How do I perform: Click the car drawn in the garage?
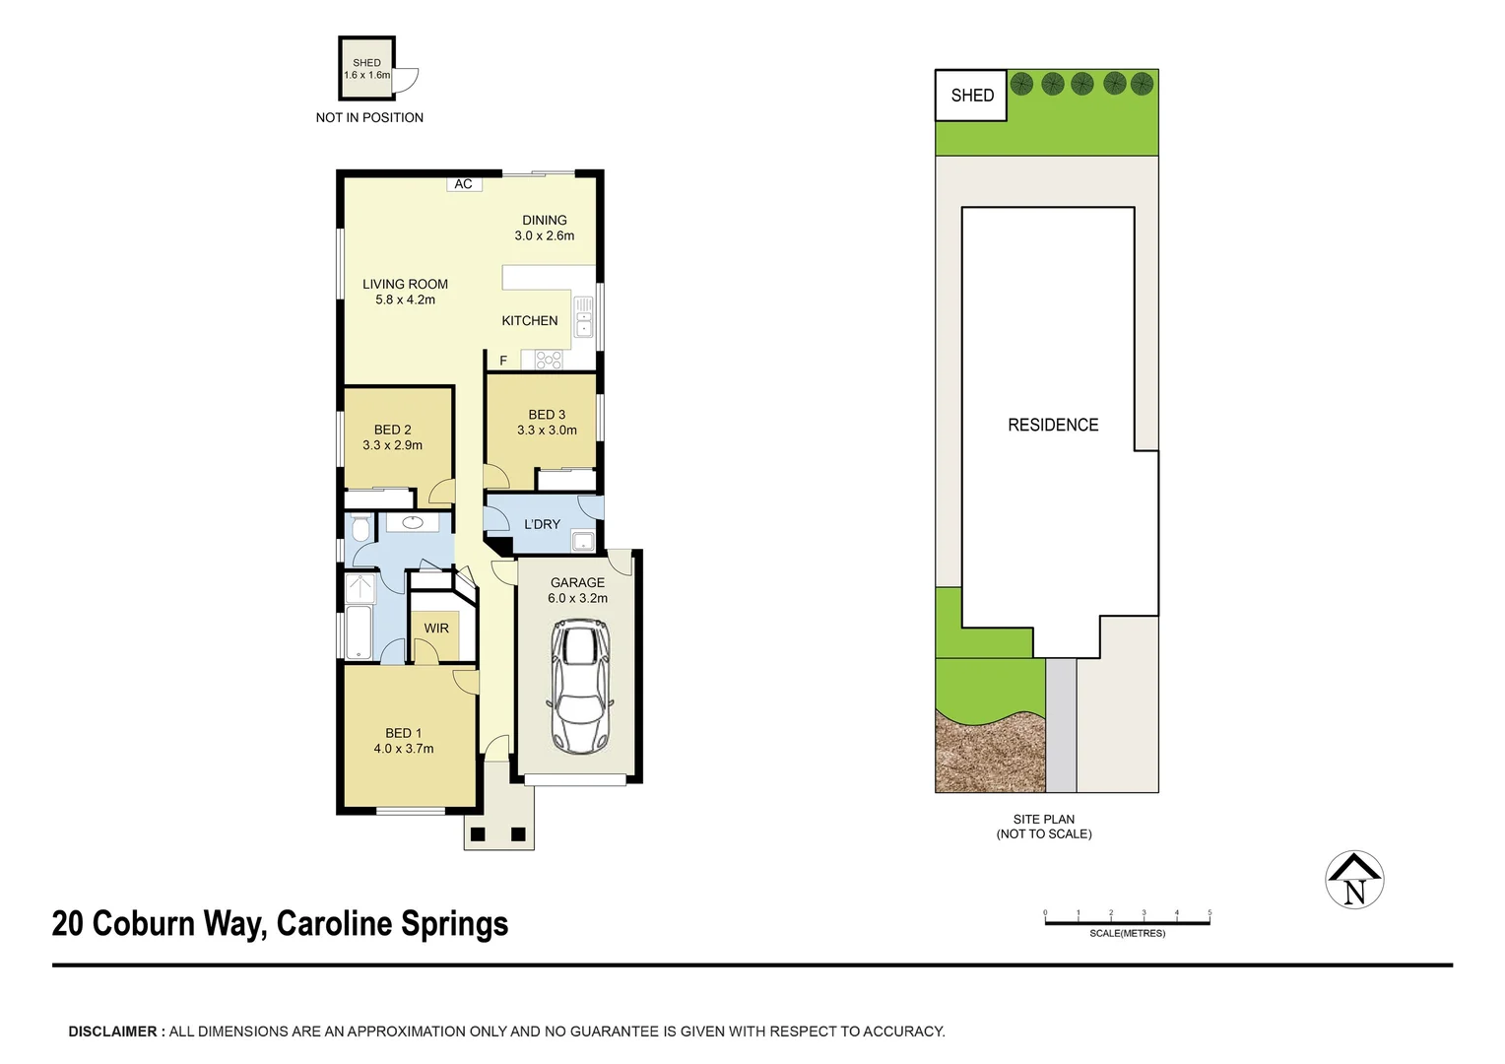[x=579, y=687]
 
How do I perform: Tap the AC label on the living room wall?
[x=463, y=184]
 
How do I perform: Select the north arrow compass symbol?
[x=1354, y=880]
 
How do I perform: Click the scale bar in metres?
[x=1127, y=922]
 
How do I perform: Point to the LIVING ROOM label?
[x=405, y=284]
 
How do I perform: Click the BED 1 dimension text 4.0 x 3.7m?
[x=404, y=749]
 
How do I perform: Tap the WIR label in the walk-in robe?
[x=436, y=629]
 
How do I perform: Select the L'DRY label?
[x=542, y=524]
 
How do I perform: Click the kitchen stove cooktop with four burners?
[x=548, y=361]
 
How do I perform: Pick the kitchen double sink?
[x=583, y=317]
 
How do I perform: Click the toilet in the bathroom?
[x=360, y=529]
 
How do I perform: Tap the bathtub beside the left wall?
[x=358, y=632]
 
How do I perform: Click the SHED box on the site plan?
[x=971, y=96]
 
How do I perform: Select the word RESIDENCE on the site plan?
[x=1053, y=425]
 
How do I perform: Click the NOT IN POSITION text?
[x=369, y=117]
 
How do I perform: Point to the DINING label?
[x=545, y=220]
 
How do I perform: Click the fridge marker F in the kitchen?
[x=503, y=361]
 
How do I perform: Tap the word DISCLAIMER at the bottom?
[x=112, y=1031]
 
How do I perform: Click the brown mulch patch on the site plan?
[x=988, y=754]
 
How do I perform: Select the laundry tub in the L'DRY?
[x=584, y=540]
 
